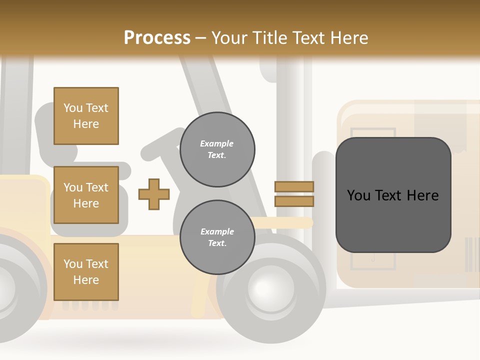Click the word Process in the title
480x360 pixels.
pos(157,38)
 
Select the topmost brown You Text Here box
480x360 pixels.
pos(86,116)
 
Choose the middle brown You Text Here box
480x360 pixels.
pos(86,195)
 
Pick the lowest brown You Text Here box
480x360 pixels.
pos(86,272)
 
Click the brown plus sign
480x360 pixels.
pos(154,194)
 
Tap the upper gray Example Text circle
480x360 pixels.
pos(217,149)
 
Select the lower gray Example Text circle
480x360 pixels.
pos(217,237)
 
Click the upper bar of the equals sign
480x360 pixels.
pos(294,186)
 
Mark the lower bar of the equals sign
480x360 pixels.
pos(294,201)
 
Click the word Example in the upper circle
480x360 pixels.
pos(217,143)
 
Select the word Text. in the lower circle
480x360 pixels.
pos(217,243)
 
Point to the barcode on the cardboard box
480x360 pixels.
pos(471,255)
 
